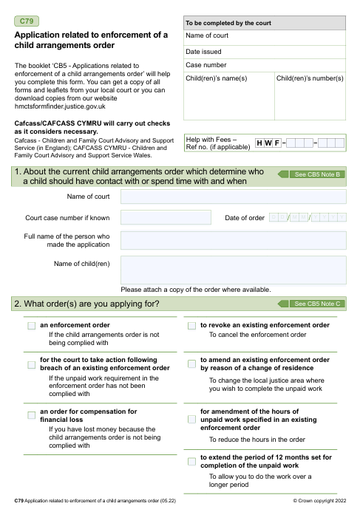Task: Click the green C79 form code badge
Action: (x=27, y=20)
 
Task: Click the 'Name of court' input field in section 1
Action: (x=233, y=197)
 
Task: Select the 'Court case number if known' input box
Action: (x=155, y=217)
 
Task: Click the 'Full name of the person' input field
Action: (x=233, y=240)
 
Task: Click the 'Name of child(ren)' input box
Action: (x=233, y=270)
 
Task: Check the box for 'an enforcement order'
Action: (x=31, y=326)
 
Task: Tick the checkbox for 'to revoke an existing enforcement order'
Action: (x=191, y=326)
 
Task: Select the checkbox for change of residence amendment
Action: (x=191, y=363)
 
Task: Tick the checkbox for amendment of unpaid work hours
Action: (x=191, y=419)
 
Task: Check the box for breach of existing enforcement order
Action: (x=31, y=364)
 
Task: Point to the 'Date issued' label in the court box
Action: (x=203, y=52)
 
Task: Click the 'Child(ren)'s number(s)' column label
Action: (x=310, y=78)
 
